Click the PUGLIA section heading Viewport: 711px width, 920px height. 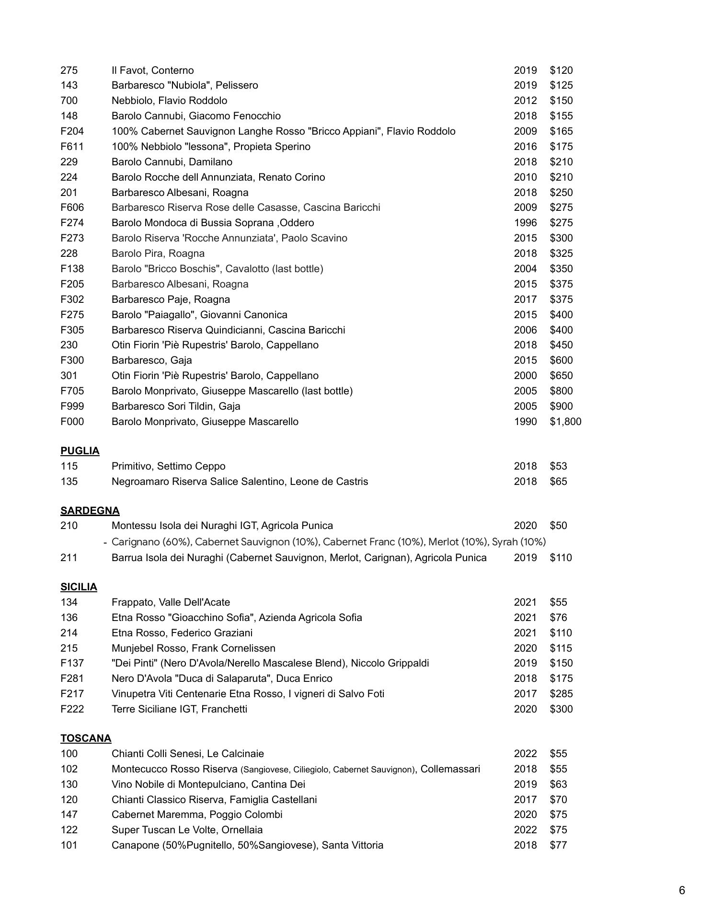tap(80, 451)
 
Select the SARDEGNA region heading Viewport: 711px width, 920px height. tap(90, 511)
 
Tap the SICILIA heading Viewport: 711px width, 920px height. tap(79, 587)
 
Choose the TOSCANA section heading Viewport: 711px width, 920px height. tap(86, 738)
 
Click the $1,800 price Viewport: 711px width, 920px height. tap(565, 422)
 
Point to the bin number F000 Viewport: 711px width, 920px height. tap(72, 422)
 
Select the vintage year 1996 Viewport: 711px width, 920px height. tap(525, 223)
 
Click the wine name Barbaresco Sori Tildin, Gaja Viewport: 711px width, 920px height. tap(176, 406)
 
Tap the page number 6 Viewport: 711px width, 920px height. tap(682, 890)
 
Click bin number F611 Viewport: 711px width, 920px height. tap(72, 147)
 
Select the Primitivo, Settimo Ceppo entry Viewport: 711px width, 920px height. tap(168, 466)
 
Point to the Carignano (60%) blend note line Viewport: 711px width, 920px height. tap(328, 542)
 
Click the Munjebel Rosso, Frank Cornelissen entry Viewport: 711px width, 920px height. tap(193, 648)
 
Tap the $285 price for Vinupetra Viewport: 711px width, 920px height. tap(561, 694)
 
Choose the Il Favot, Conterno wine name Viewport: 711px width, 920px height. tap(152, 70)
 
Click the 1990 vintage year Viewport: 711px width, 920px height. tap(525, 422)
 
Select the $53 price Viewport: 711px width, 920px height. tap(558, 466)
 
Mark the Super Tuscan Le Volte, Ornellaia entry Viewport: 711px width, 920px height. tap(187, 830)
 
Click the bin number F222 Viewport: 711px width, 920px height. tap(72, 709)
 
